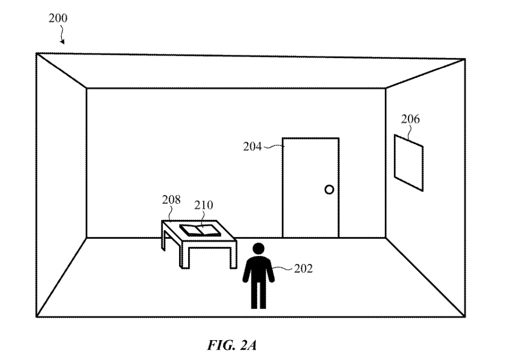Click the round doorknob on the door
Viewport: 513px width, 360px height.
coord(329,189)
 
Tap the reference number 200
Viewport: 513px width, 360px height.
coord(58,18)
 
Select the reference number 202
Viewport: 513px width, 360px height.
coord(303,269)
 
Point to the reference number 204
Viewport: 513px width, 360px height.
coord(252,146)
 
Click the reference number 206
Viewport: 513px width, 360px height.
coord(411,119)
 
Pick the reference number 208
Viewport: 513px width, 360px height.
coord(172,201)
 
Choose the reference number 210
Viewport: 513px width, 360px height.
coord(204,205)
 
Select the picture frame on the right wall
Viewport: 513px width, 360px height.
coord(408,162)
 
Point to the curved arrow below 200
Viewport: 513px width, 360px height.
coord(63,36)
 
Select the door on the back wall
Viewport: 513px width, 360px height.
coord(310,187)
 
